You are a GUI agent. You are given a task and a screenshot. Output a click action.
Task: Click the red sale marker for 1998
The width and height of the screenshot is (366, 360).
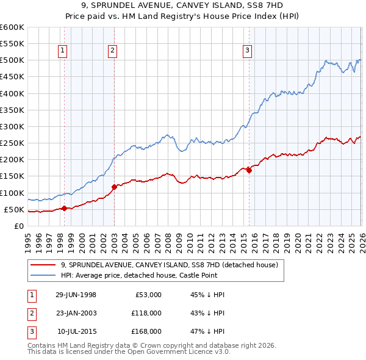(64, 208)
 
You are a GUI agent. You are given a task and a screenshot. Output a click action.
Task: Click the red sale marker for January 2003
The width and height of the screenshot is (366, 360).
(114, 187)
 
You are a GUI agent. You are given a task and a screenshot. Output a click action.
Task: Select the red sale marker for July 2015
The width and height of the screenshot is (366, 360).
(249, 170)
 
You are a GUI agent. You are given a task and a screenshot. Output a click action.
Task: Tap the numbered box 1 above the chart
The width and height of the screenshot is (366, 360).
(63, 51)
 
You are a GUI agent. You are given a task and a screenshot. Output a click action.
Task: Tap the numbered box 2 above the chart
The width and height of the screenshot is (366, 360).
(113, 51)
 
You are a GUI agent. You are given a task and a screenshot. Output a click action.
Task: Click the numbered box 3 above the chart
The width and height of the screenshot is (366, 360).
(248, 51)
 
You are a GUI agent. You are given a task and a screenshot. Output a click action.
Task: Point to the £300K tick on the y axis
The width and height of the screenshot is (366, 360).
(12, 126)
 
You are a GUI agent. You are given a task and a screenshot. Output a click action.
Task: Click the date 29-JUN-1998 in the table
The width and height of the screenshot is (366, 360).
(76, 295)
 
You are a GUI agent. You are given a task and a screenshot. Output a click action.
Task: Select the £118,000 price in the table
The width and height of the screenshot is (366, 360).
(146, 313)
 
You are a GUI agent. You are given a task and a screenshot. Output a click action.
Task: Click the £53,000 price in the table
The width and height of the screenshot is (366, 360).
(148, 295)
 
